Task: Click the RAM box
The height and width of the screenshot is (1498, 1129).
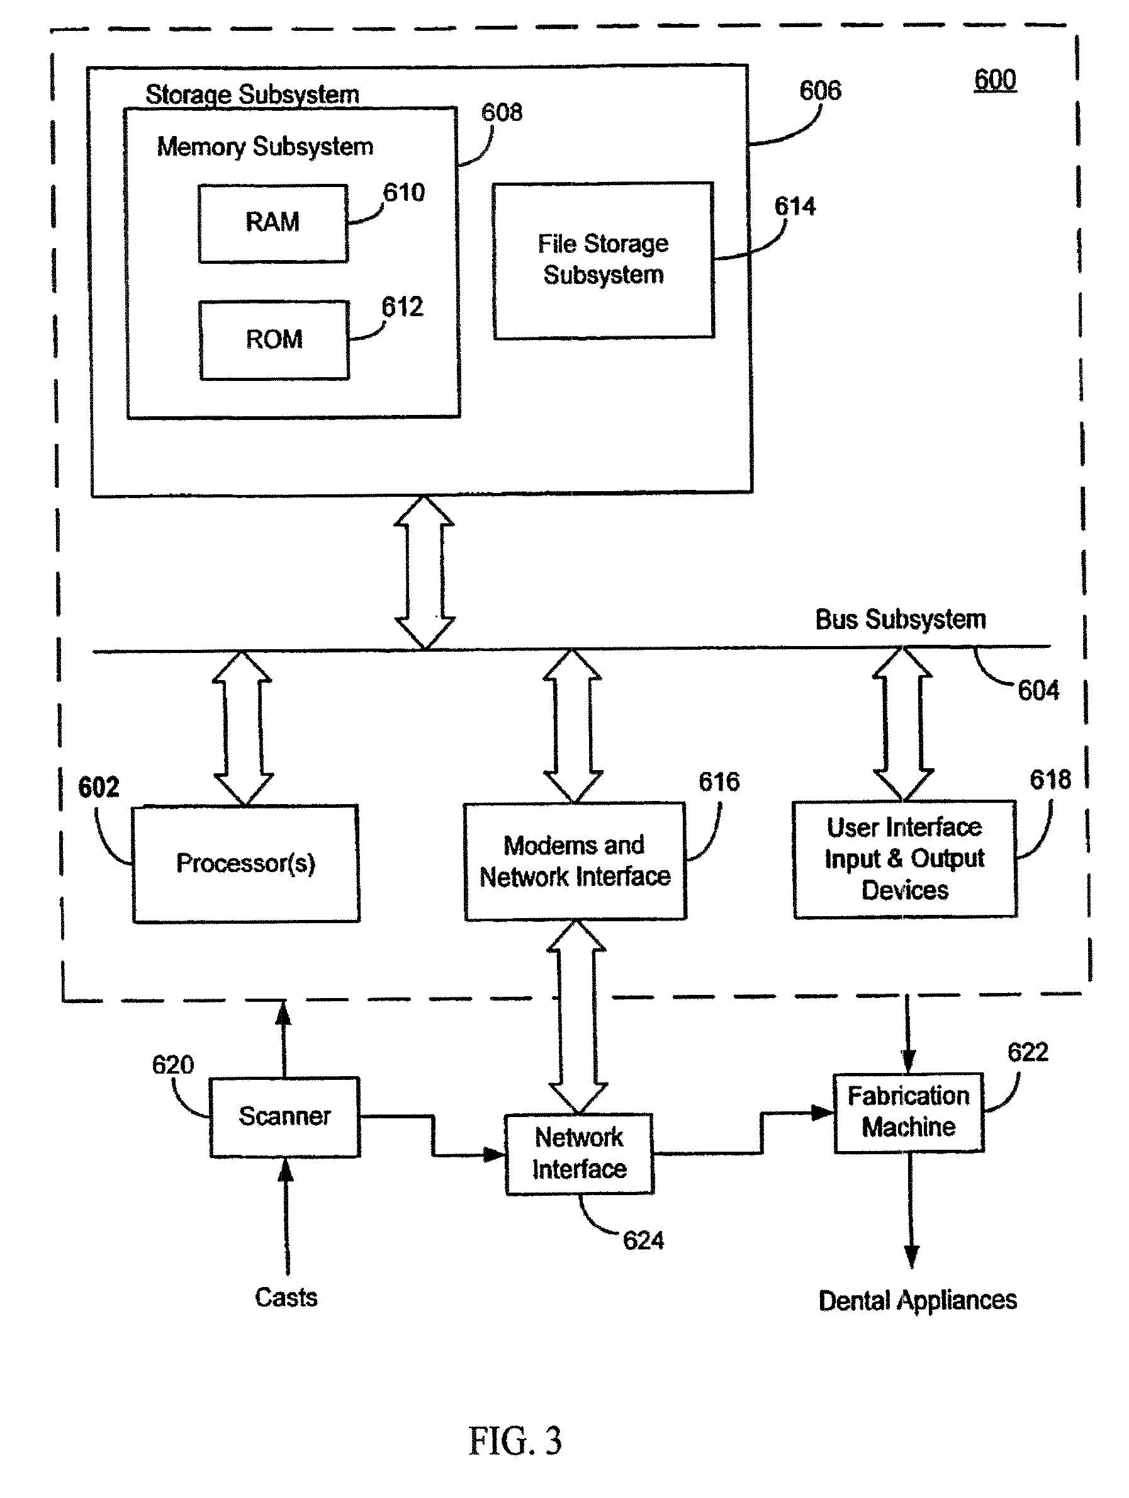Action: (272, 223)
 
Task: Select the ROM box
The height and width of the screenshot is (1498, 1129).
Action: (274, 339)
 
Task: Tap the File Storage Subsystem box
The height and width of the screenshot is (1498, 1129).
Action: (603, 260)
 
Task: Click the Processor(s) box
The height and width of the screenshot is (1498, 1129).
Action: (245, 863)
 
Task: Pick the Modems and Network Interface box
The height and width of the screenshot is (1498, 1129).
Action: (575, 861)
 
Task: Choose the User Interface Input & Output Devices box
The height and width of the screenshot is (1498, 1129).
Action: (904, 859)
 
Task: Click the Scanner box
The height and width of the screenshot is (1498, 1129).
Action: (284, 1116)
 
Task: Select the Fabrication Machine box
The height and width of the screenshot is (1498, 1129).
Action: (908, 1112)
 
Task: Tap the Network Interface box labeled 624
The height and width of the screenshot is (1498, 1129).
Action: (580, 1154)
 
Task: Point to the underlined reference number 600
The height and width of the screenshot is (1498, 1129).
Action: (994, 81)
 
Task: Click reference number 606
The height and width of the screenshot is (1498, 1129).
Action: (819, 91)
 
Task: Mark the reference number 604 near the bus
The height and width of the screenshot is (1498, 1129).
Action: (1038, 691)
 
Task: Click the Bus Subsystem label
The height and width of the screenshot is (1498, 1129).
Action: (900, 620)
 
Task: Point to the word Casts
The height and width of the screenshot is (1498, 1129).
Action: (286, 1298)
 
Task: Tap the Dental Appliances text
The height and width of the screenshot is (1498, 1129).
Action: (917, 1300)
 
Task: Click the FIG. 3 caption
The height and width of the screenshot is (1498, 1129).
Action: (515, 1441)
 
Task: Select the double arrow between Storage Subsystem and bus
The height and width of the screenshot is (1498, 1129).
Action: (424, 572)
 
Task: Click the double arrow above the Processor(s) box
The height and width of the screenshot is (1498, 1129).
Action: (242, 728)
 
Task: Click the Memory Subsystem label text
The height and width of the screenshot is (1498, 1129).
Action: (265, 147)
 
